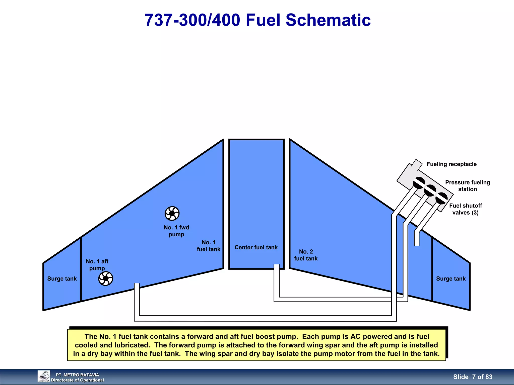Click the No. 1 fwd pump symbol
172,213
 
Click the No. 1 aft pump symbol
105,278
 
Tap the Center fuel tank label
256,247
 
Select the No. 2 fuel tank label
306,255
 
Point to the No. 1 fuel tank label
208,246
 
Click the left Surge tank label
62,279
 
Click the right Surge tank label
451,279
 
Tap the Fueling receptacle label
451,164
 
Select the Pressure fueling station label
467,186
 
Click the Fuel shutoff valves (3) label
466,209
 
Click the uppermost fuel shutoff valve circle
419,183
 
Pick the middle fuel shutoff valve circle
430,191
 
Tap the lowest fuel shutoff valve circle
441,199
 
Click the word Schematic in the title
328,20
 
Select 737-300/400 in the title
192,20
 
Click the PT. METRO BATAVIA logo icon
44,376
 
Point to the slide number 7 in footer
474,377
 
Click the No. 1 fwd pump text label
176,231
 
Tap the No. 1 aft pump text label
97,265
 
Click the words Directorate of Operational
77,380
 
